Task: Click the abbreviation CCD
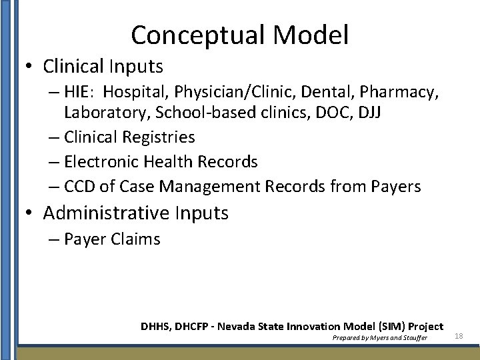[x=80, y=186]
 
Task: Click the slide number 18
[x=459, y=336]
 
